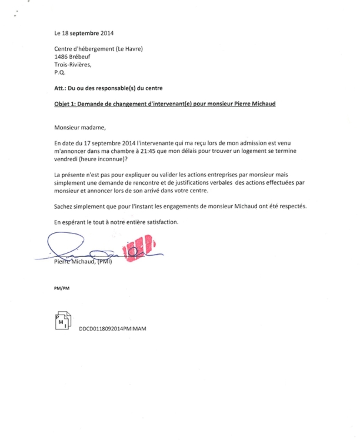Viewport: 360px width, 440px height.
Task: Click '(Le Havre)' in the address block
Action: coord(129,49)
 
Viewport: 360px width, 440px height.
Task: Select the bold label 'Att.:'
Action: coord(60,88)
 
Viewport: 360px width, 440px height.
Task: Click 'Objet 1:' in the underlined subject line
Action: coord(65,105)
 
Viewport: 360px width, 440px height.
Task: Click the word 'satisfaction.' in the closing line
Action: coord(168,222)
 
